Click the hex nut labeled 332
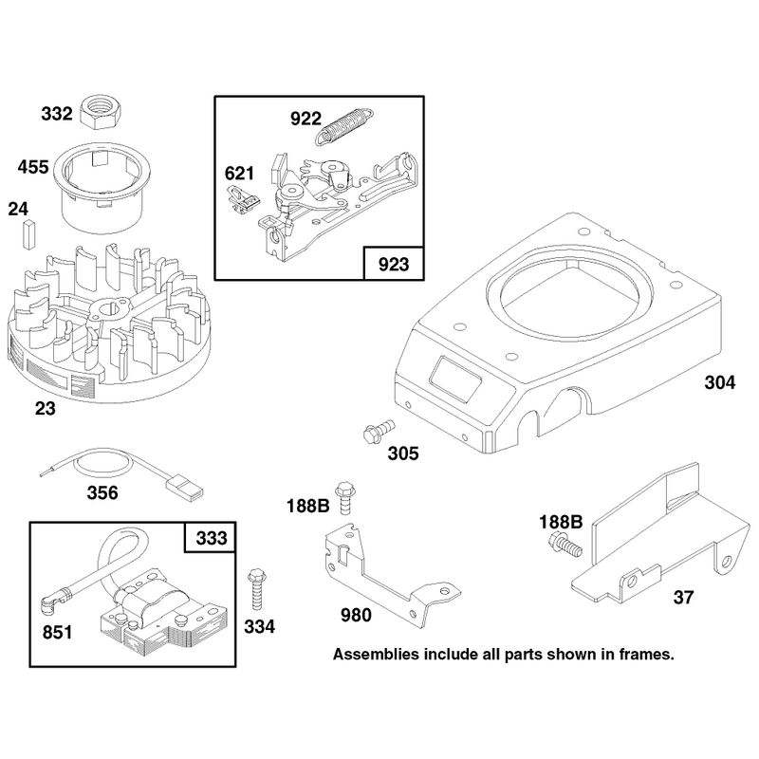pos(100,112)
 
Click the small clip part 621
pos(243,200)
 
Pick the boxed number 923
pos(394,265)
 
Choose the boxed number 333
pos(211,538)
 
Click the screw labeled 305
pos(379,431)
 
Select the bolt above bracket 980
pos(344,497)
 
